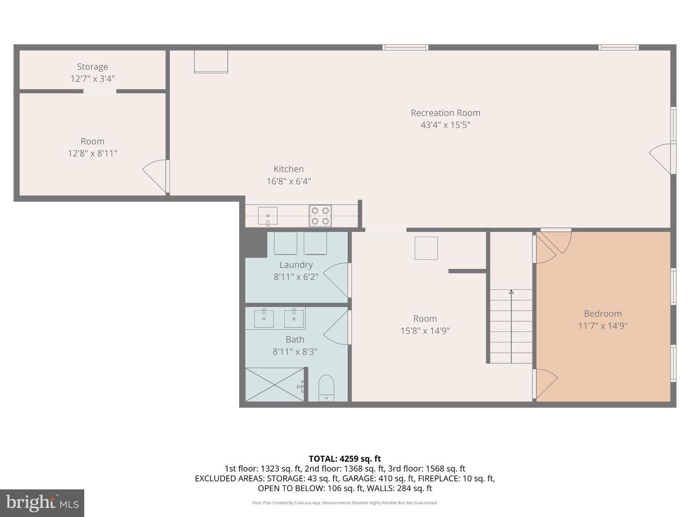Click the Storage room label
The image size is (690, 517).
[92, 67]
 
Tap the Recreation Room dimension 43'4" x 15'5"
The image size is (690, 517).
[446, 125]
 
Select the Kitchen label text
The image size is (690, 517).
[288, 169]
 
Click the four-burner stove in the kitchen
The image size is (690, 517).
[320, 215]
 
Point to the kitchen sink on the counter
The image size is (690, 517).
[267, 216]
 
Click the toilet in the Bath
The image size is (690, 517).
[326, 388]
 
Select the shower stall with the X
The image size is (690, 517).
[275, 384]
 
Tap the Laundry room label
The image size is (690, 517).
[296, 265]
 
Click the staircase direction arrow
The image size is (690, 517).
[511, 326]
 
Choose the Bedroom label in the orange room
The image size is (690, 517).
[603, 313]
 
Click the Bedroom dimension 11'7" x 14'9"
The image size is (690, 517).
[603, 326]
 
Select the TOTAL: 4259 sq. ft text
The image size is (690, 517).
[345, 459]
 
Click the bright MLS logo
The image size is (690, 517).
[42, 503]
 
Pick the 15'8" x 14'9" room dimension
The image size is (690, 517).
[425, 331]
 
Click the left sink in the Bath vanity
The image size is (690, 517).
[264, 318]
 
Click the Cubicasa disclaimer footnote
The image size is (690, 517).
[345, 503]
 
